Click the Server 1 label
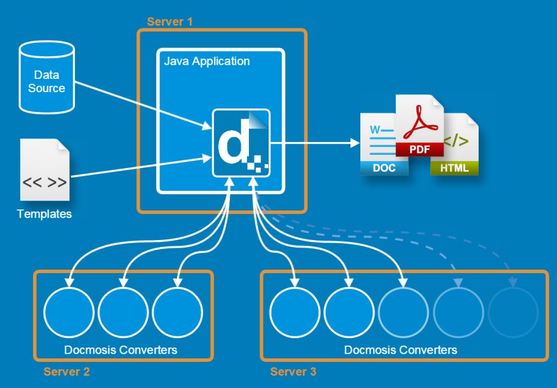point(169,22)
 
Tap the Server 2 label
point(67,371)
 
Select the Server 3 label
point(293,371)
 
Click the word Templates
point(45,214)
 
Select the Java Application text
point(207,61)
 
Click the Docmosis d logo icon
point(241,143)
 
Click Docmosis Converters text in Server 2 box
point(121,350)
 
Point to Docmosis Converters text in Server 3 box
point(400,350)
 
